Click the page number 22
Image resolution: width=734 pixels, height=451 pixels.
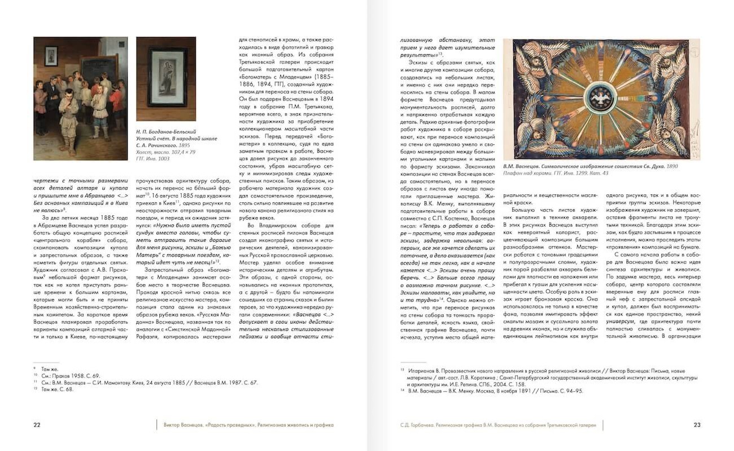(37, 424)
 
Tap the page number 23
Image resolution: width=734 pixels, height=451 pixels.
(697, 424)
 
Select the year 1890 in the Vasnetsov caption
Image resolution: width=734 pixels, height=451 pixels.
(672, 167)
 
